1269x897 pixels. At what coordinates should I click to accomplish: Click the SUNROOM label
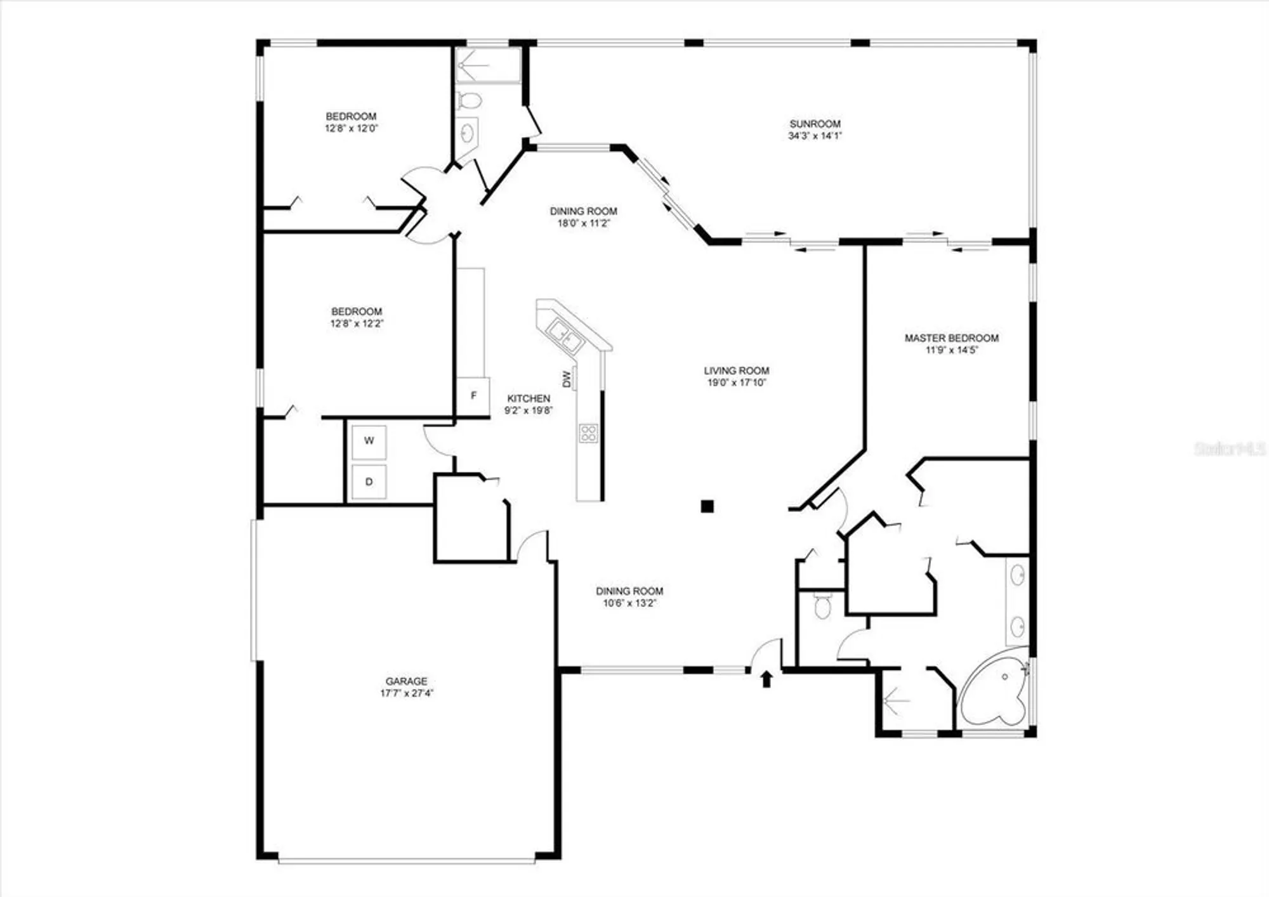coord(815,124)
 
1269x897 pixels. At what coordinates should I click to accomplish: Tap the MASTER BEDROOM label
coord(951,338)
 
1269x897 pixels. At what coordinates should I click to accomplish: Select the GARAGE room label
coord(406,681)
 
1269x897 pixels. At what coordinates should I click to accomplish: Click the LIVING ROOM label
coord(736,370)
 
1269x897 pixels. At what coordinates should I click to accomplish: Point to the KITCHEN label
coord(529,398)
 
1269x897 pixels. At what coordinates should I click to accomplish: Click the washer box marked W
coord(369,441)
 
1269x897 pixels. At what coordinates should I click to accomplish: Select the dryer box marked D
coord(369,482)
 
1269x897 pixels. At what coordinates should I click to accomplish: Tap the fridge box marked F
coord(473,396)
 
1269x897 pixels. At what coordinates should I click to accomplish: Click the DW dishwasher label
coord(567,379)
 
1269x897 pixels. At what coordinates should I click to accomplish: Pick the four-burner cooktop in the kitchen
coord(588,433)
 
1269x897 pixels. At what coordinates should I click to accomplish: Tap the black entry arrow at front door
coord(766,679)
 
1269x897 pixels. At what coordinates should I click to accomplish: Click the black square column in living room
coord(707,506)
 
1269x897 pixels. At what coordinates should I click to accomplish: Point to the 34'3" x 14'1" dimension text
coord(815,136)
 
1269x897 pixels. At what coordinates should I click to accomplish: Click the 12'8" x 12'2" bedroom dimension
coord(357,324)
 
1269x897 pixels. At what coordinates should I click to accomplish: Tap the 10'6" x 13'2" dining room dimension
coord(629,603)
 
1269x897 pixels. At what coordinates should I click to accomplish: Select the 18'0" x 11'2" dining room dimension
coord(583,223)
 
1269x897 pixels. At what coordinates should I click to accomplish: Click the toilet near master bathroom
coord(822,606)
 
